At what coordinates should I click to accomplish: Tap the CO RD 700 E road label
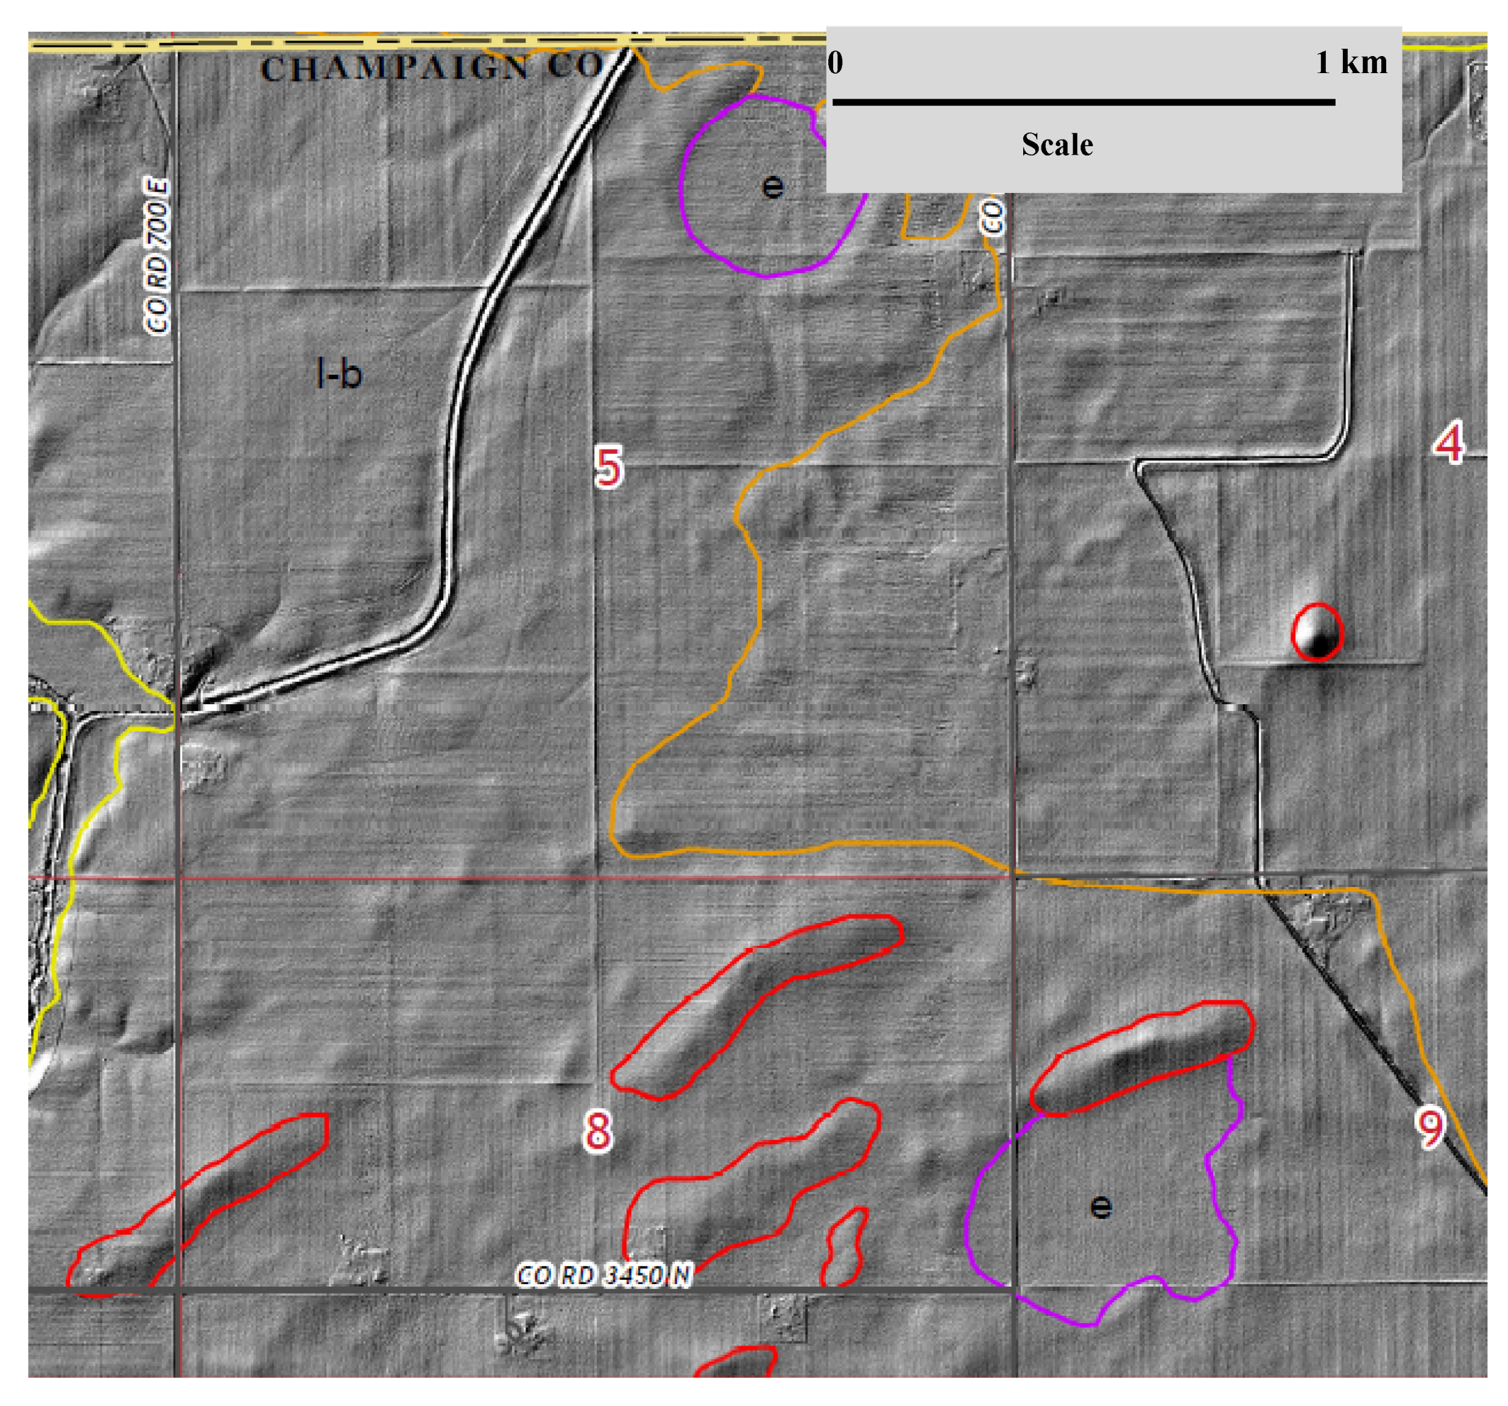157,256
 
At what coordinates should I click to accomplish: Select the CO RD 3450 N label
604,1275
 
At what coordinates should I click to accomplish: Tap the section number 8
597,1130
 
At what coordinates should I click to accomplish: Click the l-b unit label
339,374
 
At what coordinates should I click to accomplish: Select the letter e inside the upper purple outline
772,186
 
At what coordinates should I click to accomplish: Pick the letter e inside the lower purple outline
1101,1206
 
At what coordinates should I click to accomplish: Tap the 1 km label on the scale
1351,62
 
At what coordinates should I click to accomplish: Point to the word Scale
1057,145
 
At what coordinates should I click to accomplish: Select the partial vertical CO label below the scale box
992,216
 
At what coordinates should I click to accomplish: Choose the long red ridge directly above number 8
751,1002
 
